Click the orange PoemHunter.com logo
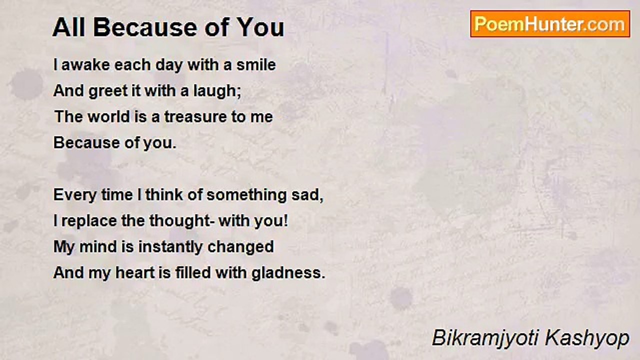(x=550, y=24)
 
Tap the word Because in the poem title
(x=145, y=27)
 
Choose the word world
(x=108, y=117)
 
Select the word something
(x=246, y=195)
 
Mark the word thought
(x=180, y=221)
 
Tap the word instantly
(x=170, y=247)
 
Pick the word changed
(x=240, y=247)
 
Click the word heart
(x=135, y=272)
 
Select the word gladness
(x=286, y=273)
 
